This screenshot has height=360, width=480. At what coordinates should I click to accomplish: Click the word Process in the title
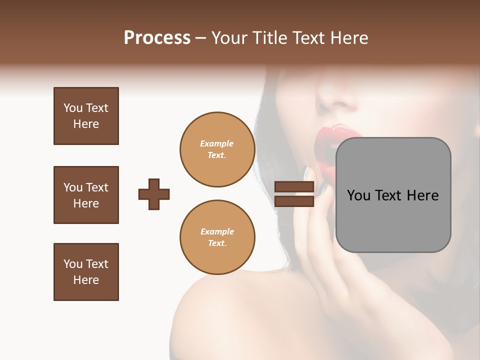157,38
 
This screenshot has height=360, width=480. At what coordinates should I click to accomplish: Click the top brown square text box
86,116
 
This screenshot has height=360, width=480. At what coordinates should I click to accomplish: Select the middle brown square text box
86,195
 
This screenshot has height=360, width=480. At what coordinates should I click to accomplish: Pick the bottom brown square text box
86,272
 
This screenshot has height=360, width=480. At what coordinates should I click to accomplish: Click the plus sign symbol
154,194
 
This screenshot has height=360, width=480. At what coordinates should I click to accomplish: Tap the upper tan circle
217,149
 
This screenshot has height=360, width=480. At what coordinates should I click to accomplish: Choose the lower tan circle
217,237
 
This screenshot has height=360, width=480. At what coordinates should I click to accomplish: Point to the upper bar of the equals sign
294,186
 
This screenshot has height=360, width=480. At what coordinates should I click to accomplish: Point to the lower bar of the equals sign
294,201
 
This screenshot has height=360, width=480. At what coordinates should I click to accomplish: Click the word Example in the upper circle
217,143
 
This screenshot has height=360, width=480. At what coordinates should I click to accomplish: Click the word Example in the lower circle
217,231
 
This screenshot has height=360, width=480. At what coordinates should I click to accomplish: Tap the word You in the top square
73,108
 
